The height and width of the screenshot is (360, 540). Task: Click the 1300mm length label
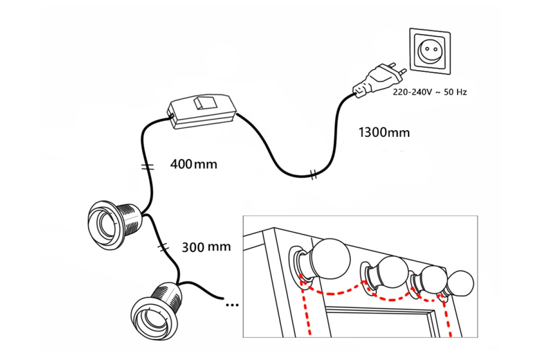pos(384,133)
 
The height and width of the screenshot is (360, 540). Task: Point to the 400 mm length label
pos(193,164)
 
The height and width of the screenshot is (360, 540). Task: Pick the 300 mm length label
pos(207,247)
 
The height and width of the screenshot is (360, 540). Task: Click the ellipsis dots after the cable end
pos(232,305)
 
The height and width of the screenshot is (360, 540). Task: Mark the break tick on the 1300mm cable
pos(313,175)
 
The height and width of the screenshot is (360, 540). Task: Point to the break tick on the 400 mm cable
pos(148,167)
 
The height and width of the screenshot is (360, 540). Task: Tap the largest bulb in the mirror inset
pos(331,259)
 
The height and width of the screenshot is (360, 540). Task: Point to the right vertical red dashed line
pos(448,317)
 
